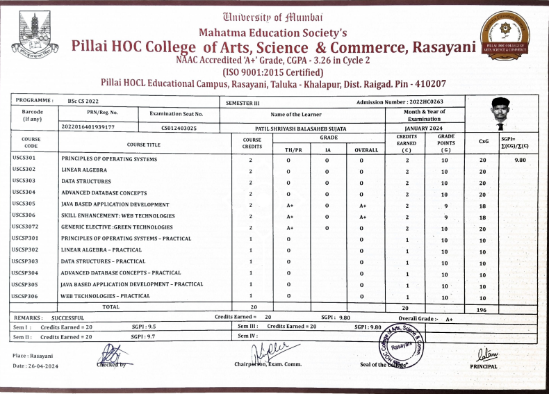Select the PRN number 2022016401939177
pyautogui.click(x=88, y=128)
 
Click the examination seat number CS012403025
pyautogui.click(x=179, y=129)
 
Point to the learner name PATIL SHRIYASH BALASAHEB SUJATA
pyautogui.click(x=300, y=129)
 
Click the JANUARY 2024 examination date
pyautogui.click(x=424, y=129)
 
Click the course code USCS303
pyautogui.click(x=24, y=182)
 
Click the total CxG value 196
pyautogui.click(x=482, y=310)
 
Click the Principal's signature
pyautogui.click(x=484, y=354)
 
